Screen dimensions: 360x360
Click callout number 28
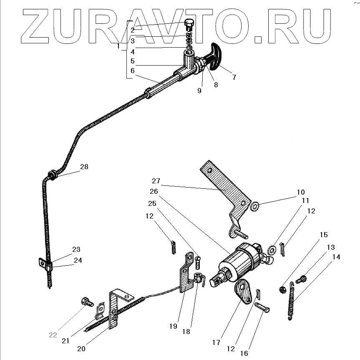(84, 167)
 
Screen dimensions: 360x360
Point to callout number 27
(156, 181)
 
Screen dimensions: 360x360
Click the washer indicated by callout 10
(254, 205)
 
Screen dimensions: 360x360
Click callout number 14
(336, 257)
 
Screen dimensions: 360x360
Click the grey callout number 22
(53, 335)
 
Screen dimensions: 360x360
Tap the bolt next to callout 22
(88, 301)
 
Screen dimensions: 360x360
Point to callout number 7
(234, 77)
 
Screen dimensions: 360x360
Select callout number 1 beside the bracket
(118, 47)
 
